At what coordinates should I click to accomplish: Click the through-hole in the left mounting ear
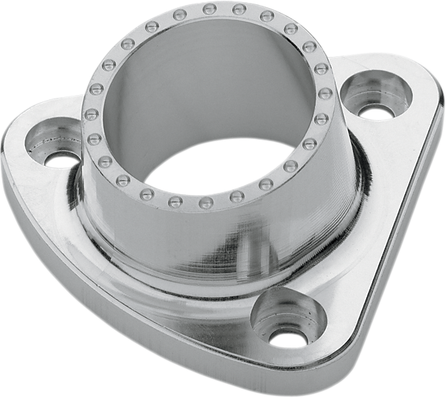click(x=63, y=160)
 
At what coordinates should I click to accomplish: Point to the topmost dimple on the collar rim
click(x=209, y=9)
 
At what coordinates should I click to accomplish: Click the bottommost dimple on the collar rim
click(x=206, y=203)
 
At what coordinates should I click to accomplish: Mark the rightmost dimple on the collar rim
click(x=326, y=94)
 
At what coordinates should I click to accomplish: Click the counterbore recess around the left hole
click(x=50, y=140)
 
